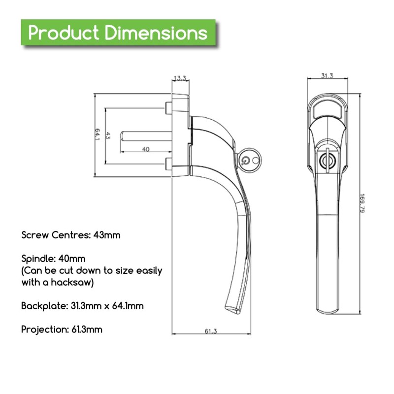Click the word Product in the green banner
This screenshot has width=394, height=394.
point(64,33)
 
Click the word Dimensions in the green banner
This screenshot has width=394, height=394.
point(156,33)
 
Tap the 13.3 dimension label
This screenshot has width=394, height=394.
point(180,78)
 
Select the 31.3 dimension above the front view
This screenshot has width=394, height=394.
point(327,75)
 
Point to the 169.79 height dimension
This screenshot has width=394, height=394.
point(362,203)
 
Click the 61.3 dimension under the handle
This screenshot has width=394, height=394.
point(211,331)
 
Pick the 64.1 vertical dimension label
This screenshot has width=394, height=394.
point(98,134)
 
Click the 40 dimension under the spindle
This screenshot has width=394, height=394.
point(146,149)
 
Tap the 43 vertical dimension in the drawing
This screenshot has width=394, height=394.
point(108,136)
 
